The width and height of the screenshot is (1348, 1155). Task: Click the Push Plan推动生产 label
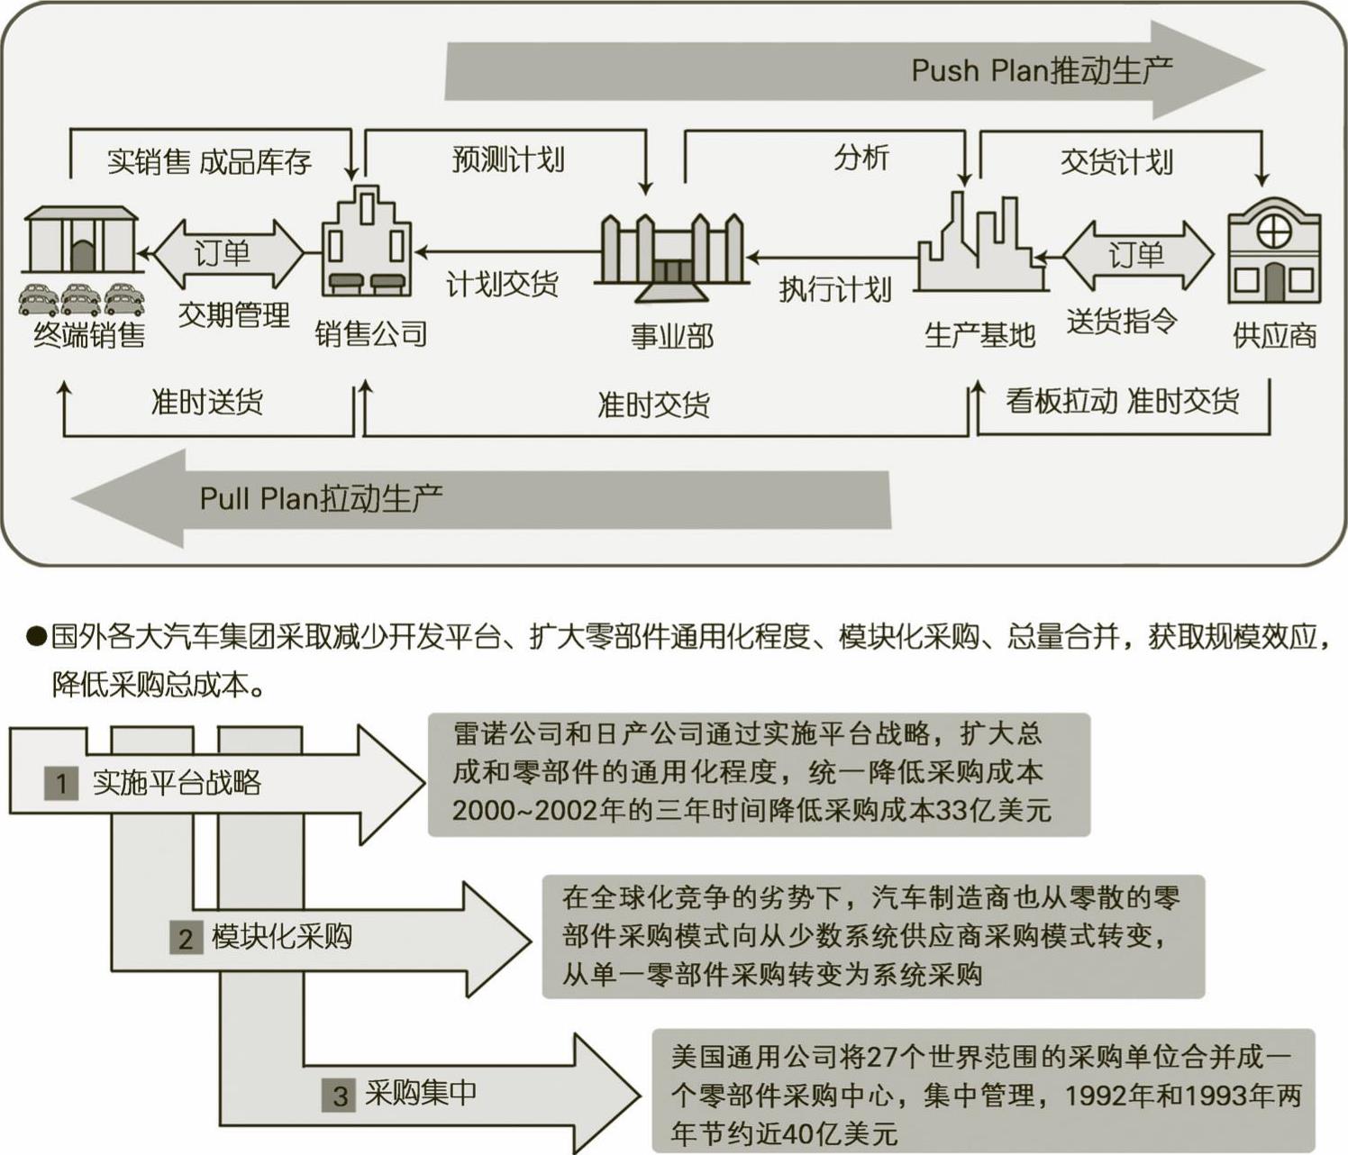pos(1042,70)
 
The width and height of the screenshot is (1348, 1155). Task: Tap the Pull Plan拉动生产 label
pos(321,498)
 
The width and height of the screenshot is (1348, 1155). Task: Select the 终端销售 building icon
pos(81,241)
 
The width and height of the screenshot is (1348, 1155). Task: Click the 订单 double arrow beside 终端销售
pos(227,253)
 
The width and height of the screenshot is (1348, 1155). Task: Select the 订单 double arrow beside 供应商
pos(1138,255)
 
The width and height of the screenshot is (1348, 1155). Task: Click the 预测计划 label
pos(508,159)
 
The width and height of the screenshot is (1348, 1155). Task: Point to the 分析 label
pos(861,158)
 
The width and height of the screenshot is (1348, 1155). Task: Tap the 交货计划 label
pos(1116,162)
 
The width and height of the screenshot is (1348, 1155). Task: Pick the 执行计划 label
pos(835,289)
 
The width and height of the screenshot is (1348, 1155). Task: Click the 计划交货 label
pos(502,284)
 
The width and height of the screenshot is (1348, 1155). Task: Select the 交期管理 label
pos(233,314)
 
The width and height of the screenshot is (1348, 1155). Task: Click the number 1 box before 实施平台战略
pos(61,783)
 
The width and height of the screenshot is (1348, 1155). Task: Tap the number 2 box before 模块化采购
pos(186,938)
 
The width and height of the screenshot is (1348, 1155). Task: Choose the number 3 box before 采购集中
pos(340,1095)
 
